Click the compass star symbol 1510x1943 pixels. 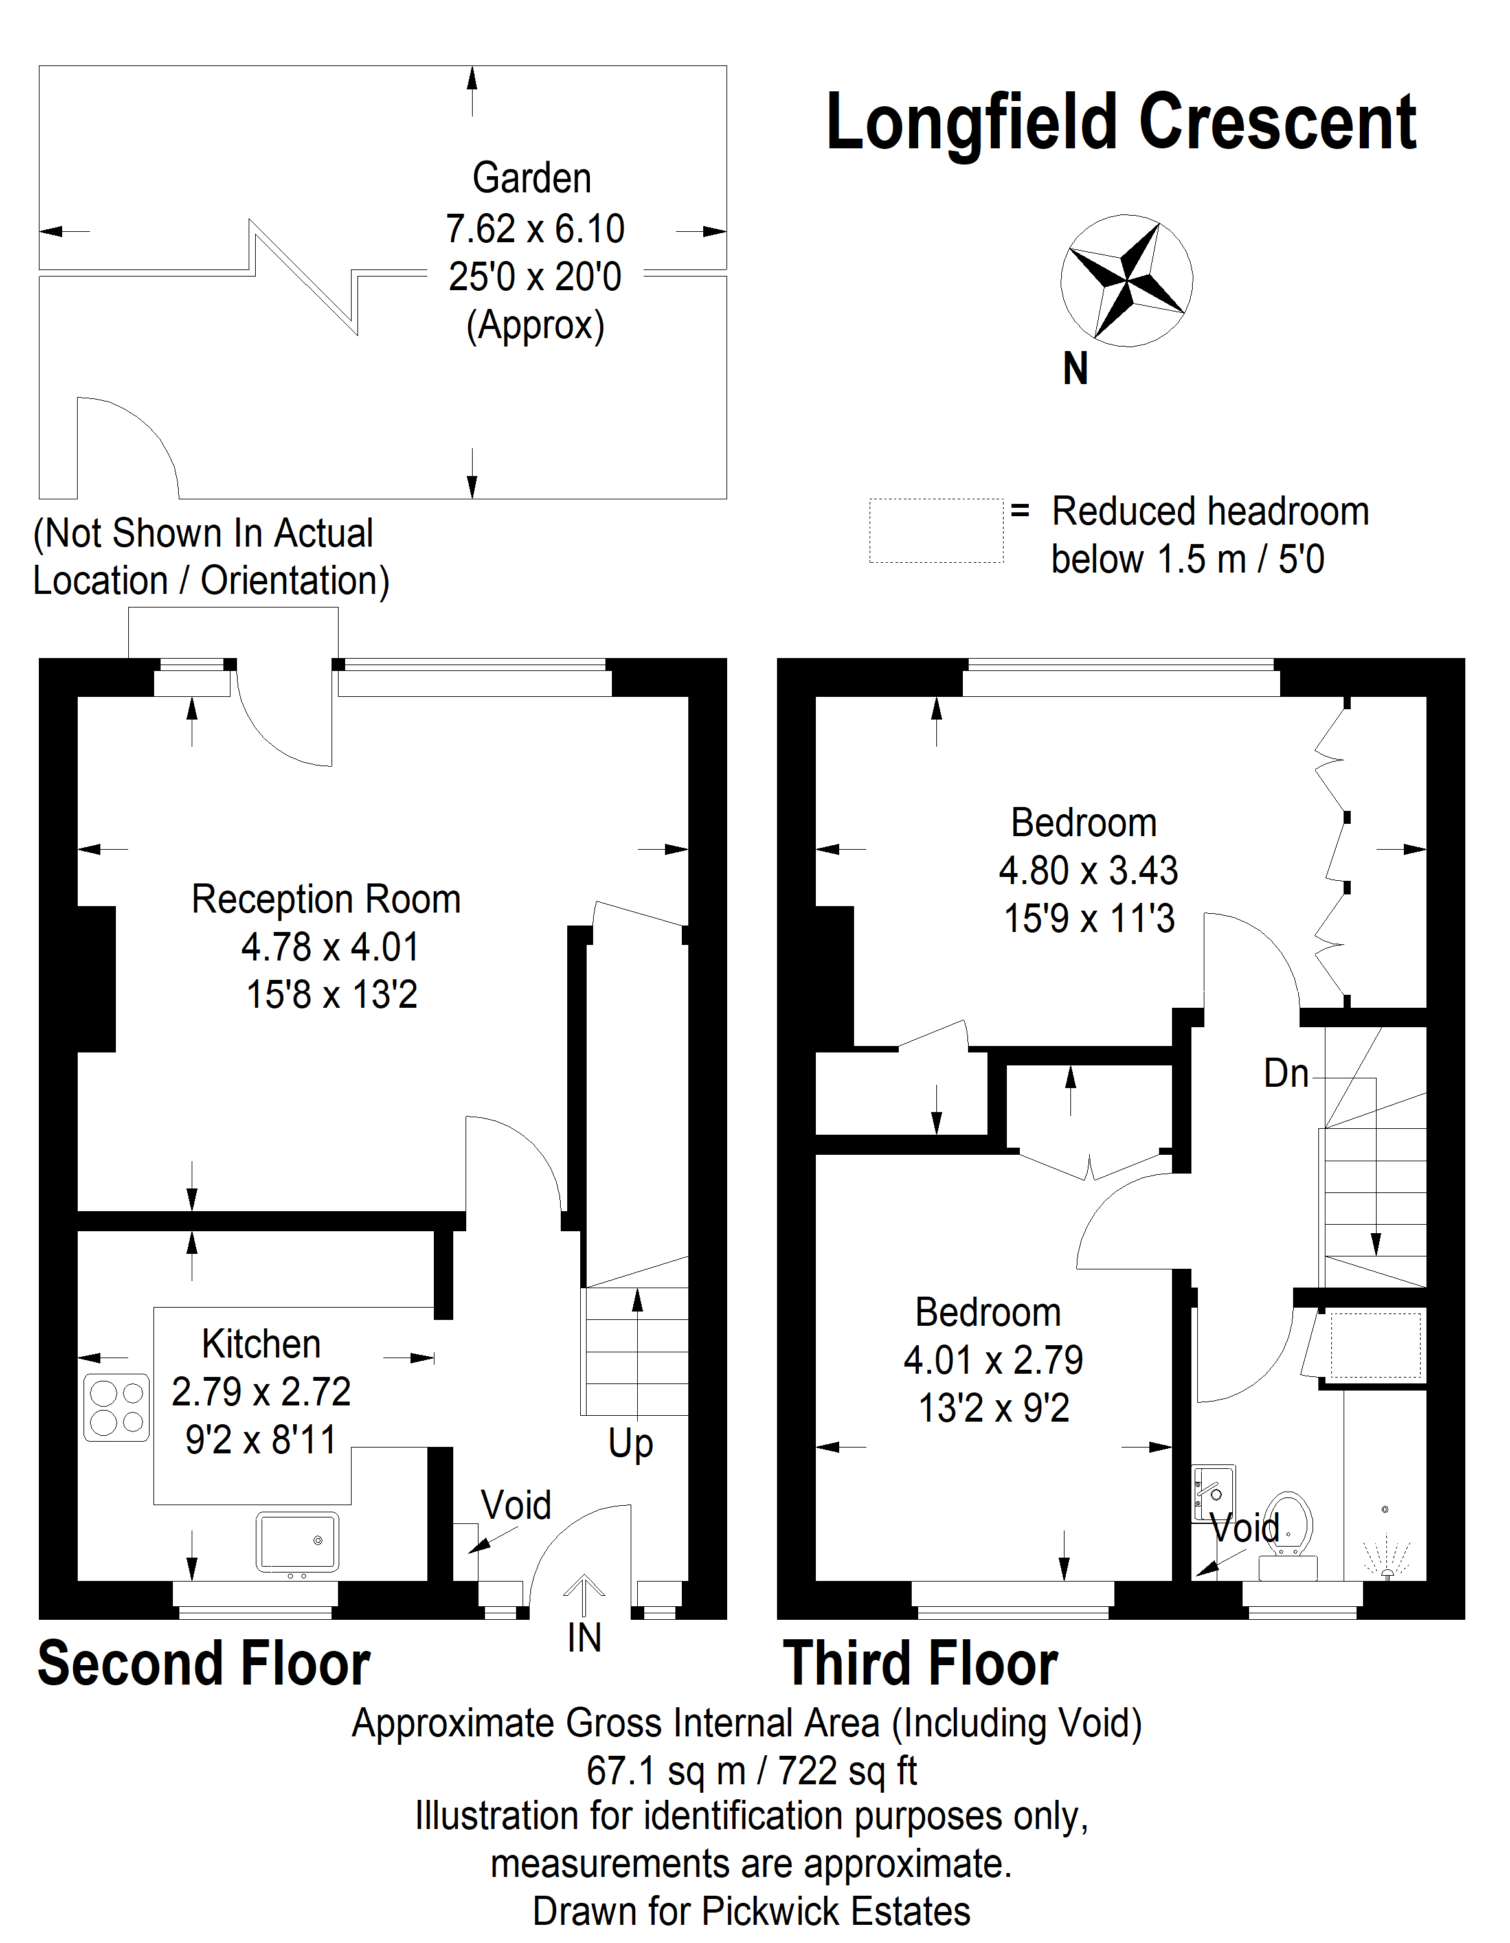click(x=1126, y=279)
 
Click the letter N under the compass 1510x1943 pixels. click(x=1075, y=369)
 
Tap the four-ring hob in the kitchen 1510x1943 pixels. click(x=117, y=1408)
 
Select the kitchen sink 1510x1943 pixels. click(x=297, y=1541)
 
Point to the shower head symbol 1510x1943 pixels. click(x=1386, y=1555)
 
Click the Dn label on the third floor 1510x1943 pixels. click(x=1286, y=1074)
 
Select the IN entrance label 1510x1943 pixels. click(x=584, y=1639)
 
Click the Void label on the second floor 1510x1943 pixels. click(x=516, y=1506)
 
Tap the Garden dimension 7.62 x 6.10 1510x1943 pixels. click(x=534, y=229)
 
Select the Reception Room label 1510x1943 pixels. click(x=326, y=900)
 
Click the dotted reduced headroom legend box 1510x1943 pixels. click(x=936, y=531)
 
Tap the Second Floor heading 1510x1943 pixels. click(x=204, y=1665)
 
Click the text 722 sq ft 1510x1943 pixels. click(x=846, y=1771)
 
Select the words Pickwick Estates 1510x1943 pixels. click(x=835, y=1911)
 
